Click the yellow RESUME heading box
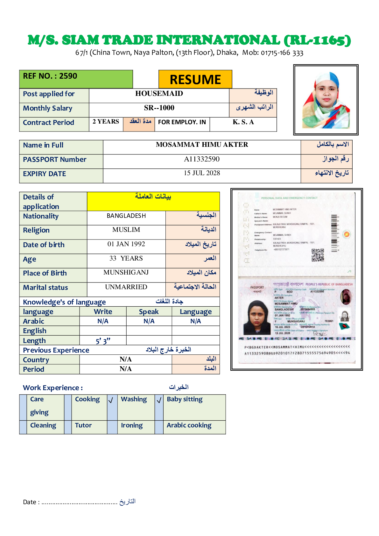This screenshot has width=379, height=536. coord(195,79)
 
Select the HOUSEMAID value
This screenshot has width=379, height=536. coord(159,94)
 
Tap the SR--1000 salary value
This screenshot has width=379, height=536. coord(159,108)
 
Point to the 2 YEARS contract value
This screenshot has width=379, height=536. coord(106,122)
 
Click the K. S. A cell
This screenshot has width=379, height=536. coord(243,122)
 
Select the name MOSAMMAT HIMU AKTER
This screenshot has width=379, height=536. coord(202,145)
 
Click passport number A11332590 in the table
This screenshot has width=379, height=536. coord(202,159)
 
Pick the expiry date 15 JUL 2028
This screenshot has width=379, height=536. coord(202,173)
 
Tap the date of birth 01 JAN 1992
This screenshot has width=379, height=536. coord(126,244)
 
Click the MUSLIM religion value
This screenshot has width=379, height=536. coord(126,230)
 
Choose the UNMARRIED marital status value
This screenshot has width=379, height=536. coord(126,287)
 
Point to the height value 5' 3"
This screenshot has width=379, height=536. coord(103,341)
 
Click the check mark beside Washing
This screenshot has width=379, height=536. coord(111,400)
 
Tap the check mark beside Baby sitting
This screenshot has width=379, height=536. coord(159,400)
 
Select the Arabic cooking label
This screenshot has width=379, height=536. coord(189,425)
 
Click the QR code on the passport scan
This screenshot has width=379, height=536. coord(318,255)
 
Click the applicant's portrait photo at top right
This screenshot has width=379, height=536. coord(326,100)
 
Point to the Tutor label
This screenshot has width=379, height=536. coord(83,425)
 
